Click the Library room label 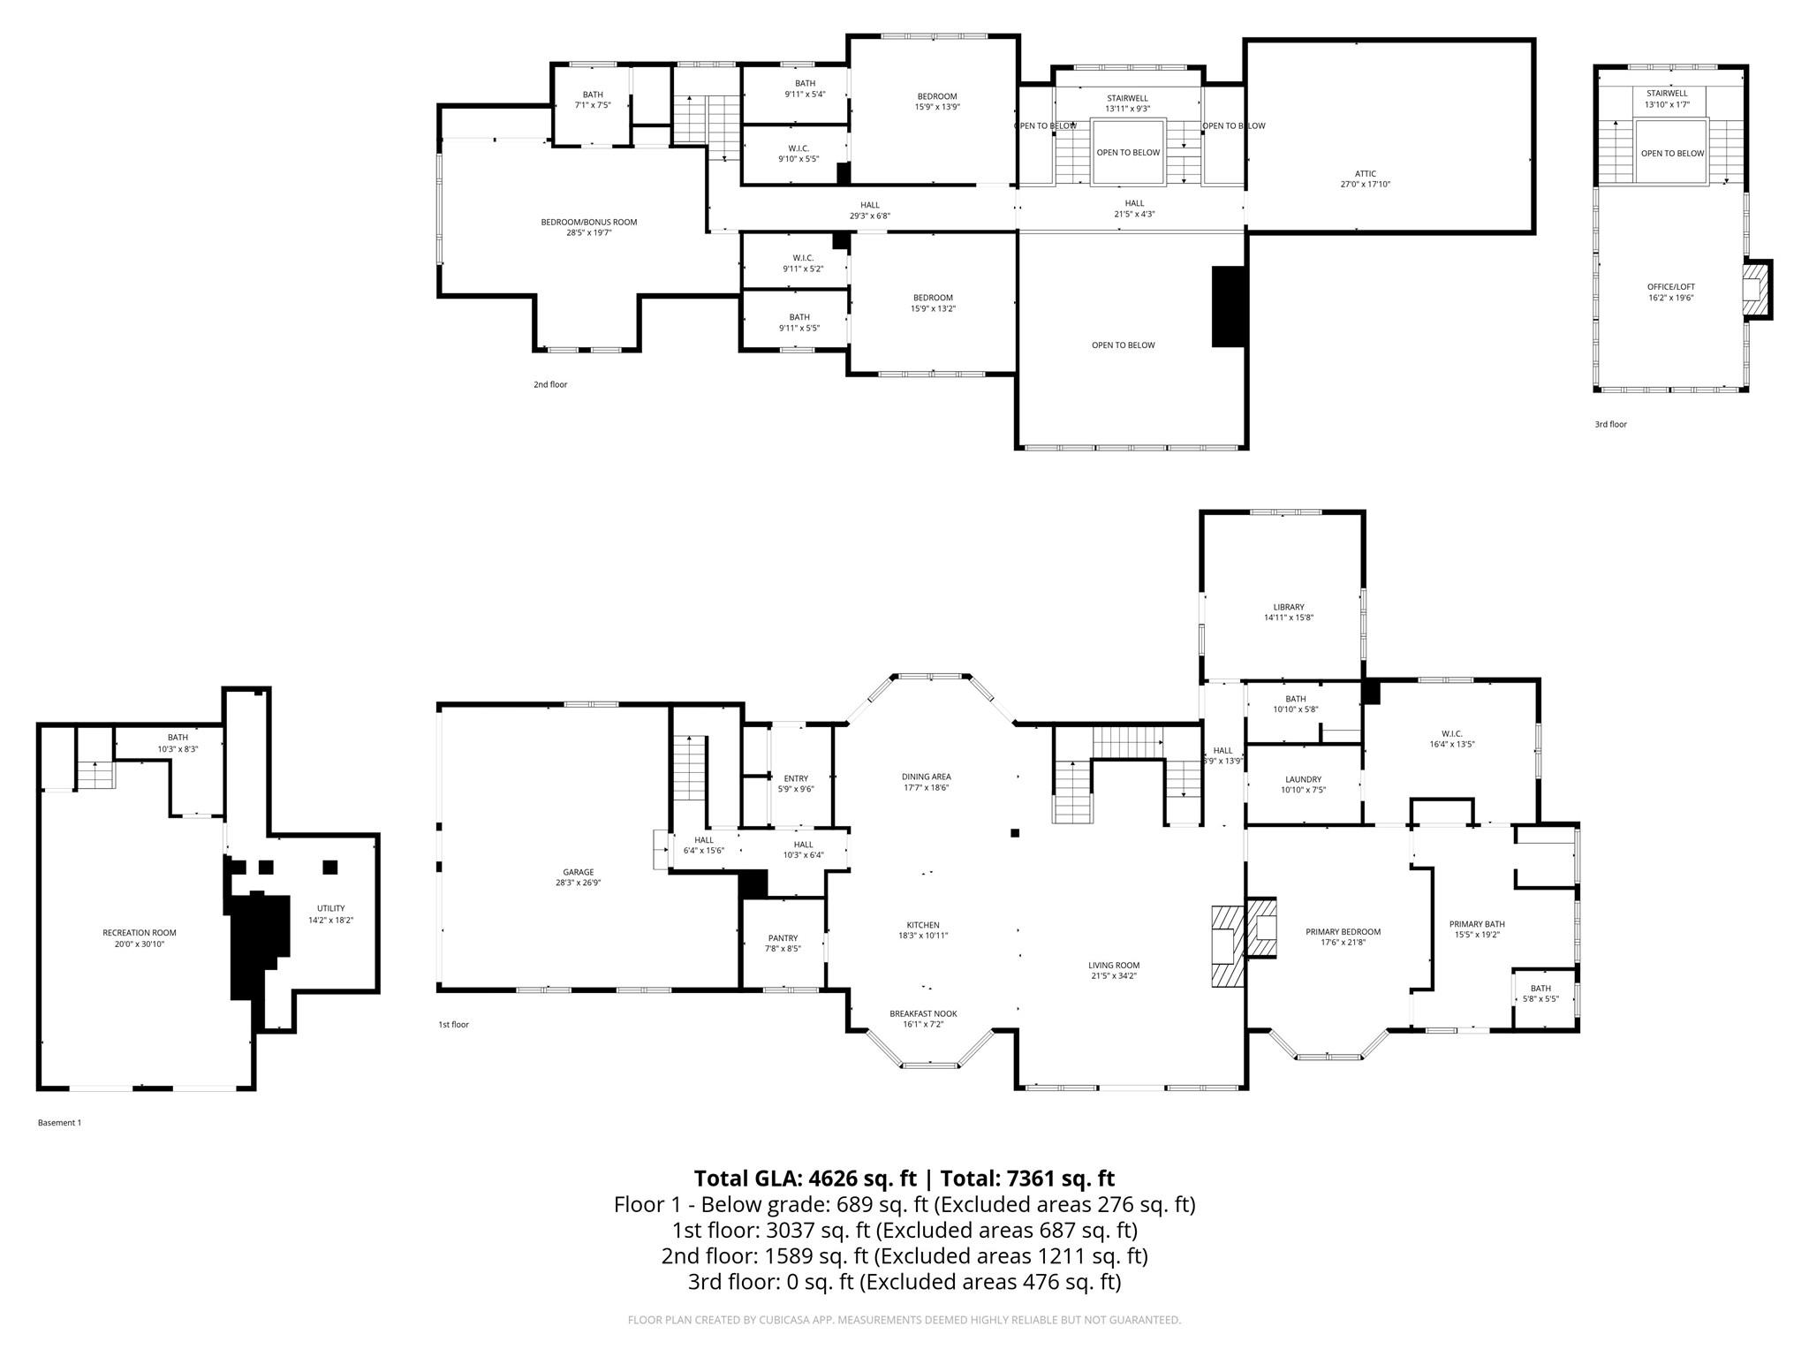pos(1288,607)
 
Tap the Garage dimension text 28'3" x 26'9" pos(579,883)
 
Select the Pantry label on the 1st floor pos(783,938)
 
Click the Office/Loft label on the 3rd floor pos(1670,287)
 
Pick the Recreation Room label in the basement pos(140,933)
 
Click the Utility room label pos(331,908)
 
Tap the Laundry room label pos(1303,779)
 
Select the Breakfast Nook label pos(923,1013)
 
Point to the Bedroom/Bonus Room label pos(588,223)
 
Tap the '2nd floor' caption pos(550,385)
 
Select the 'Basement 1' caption pos(59,1123)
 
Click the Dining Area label pos(926,777)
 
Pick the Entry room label pos(795,778)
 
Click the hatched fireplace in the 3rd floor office pos(1756,289)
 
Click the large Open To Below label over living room pos(1123,345)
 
